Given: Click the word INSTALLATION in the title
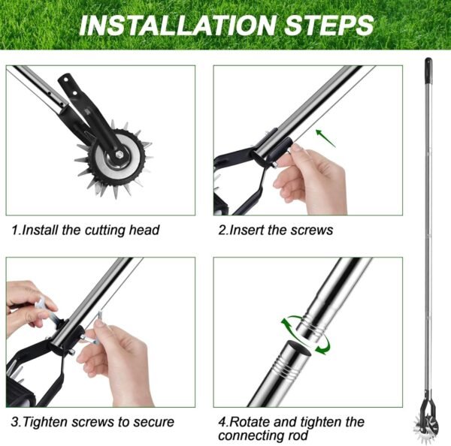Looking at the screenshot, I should tap(177, 25).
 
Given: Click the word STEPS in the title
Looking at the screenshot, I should tap(327, 25).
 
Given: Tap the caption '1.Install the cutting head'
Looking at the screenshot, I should tap(86, 230).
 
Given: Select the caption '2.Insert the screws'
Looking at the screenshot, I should tap(275, 230).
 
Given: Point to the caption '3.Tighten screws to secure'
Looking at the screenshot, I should tap(92, 422).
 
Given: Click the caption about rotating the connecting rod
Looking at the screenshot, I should tap(292, 428).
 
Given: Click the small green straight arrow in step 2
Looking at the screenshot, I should tap(322, 135).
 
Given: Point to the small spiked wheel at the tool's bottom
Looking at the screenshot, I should tap(426, 406).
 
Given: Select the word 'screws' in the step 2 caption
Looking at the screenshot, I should tap(310, 230).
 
